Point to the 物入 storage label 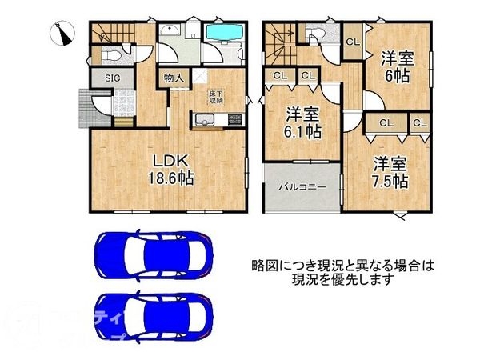(x=174, y=78)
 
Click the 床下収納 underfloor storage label (x=216, y=96)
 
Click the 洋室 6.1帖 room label (x=305, y=122)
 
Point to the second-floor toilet (x=314, y=33)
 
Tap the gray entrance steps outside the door (x=84, y=105)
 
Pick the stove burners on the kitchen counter (x=234, y=121)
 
